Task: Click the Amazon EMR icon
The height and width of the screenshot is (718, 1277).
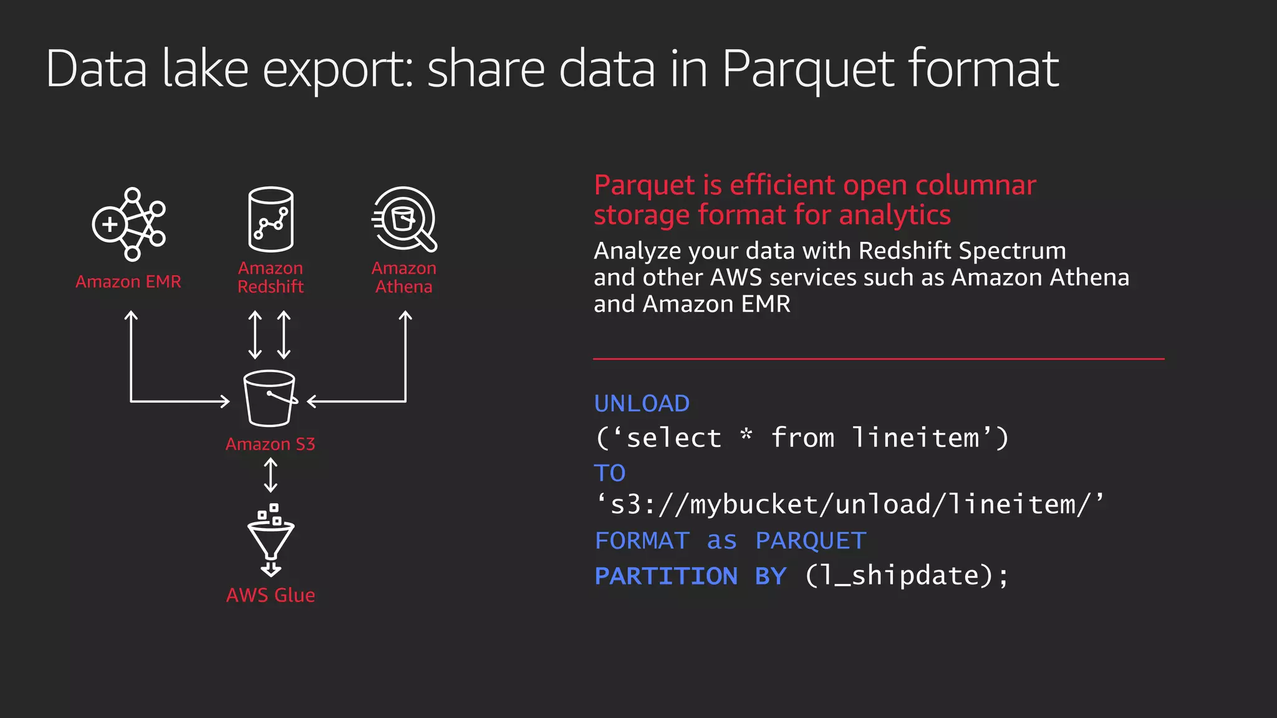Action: (129, 224)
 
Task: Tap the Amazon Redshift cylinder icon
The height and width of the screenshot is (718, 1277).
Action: (271, 219)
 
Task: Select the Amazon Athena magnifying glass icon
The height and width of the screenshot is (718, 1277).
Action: (404, 219)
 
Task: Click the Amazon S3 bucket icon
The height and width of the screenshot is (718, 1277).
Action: (270, 398)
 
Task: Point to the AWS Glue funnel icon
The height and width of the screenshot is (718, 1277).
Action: (271, 540)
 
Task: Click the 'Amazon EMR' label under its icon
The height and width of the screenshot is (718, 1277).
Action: (128, 282)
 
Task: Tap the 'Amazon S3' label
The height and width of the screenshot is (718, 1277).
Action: (270, 444)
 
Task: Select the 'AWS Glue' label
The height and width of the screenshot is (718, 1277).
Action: (271, 595)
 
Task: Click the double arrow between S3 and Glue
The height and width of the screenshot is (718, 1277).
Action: (271, 475)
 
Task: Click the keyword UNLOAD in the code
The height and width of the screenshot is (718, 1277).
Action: (642, 404)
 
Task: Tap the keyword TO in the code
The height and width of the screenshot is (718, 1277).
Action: (609, 473)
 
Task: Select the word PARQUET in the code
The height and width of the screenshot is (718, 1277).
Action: (811, 540)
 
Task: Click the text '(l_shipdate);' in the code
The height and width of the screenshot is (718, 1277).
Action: (906, 576)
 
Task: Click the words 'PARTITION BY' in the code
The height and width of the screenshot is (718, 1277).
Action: (690, 576)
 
